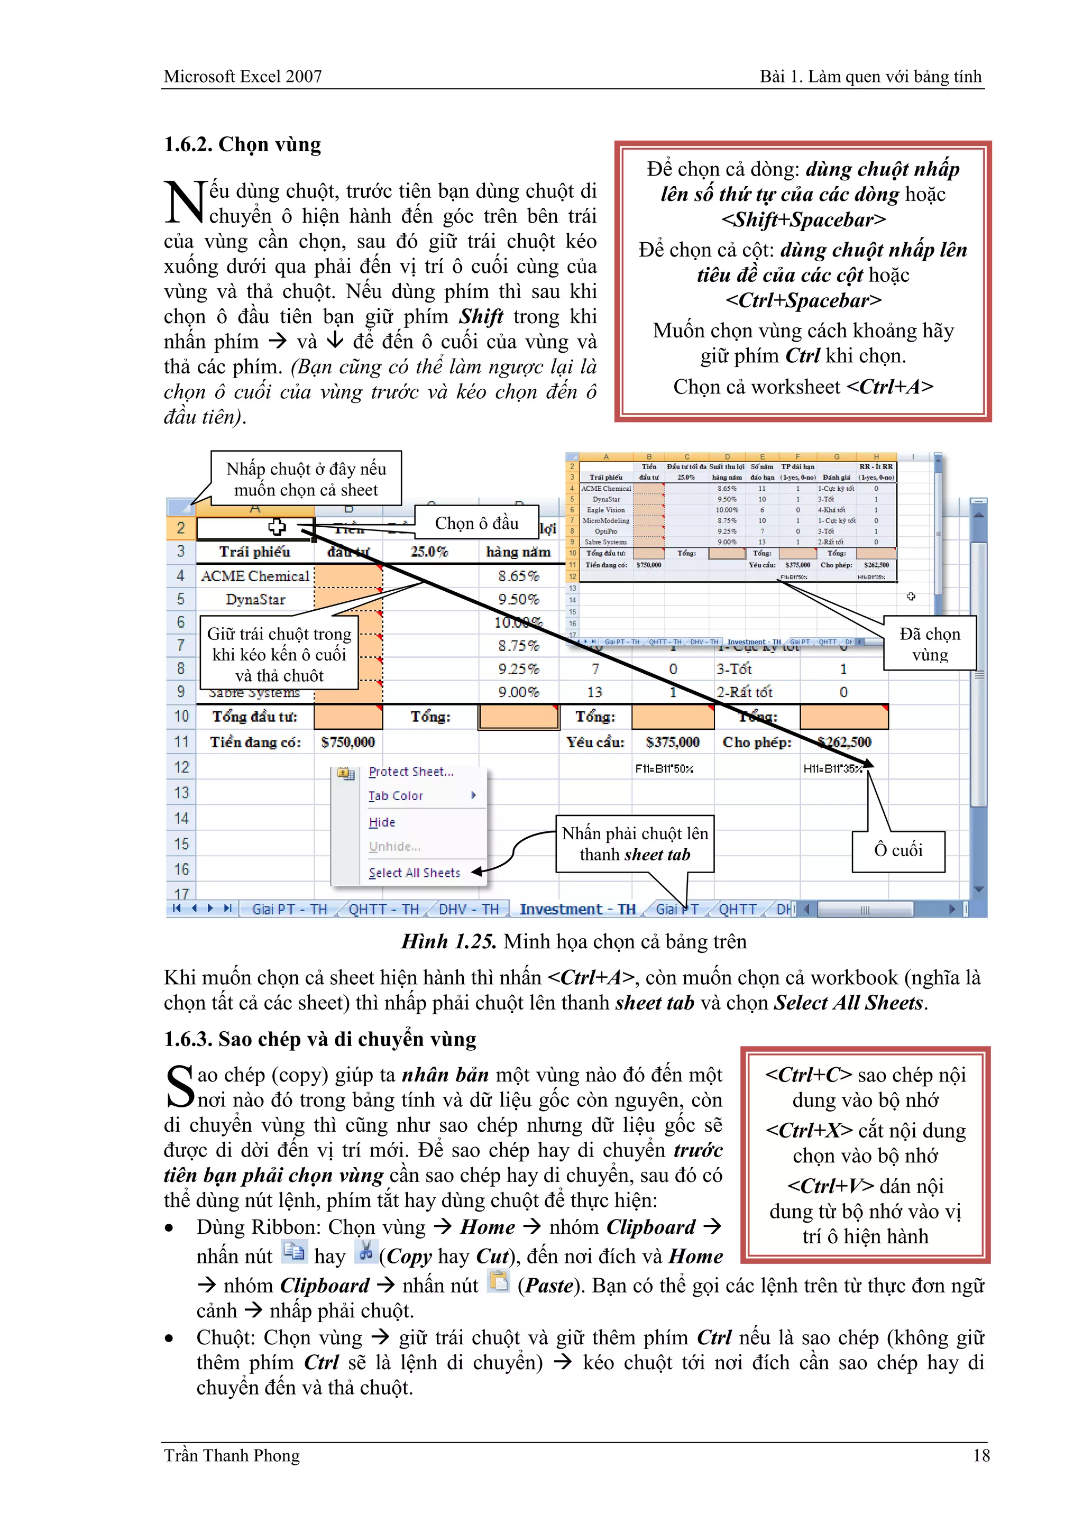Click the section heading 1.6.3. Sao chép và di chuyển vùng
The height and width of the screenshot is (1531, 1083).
coord(320,1039)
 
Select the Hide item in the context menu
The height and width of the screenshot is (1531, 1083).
coord(382,822)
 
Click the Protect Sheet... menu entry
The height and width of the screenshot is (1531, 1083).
coord(411,772)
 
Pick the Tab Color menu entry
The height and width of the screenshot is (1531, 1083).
coord(396,795)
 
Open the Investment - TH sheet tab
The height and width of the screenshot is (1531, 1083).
coord(577,909)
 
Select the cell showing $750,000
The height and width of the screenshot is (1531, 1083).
coord(347,742)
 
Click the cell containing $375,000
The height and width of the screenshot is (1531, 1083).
coord(672,742)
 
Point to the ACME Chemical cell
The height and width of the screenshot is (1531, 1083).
coord(255,575)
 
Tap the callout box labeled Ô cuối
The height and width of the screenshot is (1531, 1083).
coord(898,850)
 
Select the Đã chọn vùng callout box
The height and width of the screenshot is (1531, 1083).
coord(930,644)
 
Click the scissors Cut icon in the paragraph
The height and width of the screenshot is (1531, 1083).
coord(365,1251)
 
